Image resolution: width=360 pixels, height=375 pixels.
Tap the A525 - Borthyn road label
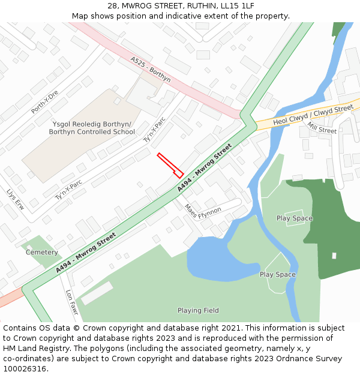coord(151,70)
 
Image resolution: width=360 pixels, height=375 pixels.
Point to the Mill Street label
coord(322,128)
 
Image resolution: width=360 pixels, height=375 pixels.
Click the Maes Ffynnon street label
coord(202,212)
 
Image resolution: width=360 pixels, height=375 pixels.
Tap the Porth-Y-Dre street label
coord(44,102)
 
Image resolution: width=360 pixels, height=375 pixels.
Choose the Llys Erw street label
coord(15,199)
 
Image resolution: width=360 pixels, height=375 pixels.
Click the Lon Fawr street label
coord(71,303)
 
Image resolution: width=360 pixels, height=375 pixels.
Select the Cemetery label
coord(41,253)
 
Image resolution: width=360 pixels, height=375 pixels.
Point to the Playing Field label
coord(198,311)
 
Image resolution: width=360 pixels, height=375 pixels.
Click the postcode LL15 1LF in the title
coord(237,5)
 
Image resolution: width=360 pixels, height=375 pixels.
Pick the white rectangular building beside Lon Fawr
coord(97,293)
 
